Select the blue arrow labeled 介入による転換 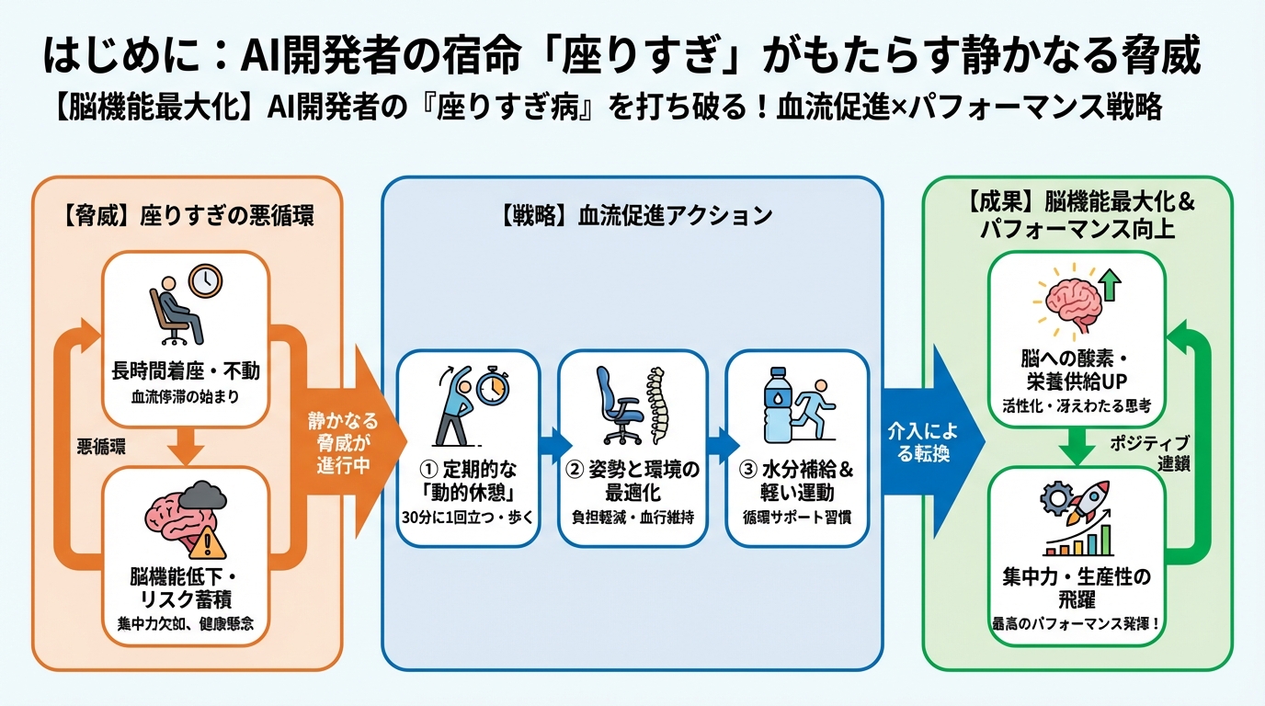pyautogui.click(x=929, y=442)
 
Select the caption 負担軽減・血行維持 pyautogui.click(x=632, y=516)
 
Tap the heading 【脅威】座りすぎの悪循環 pyautogui.click(x=188, y=218)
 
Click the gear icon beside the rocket pyautogui.click(x=1053, y=497)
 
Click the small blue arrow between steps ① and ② pyautogui.click(x=550, y=445)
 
